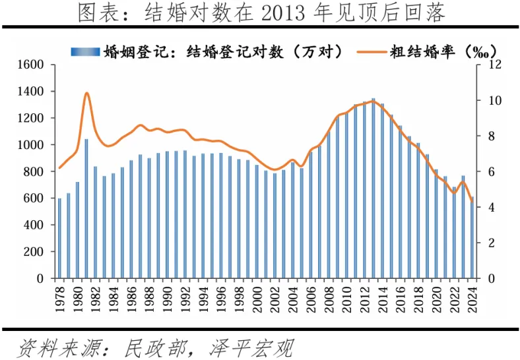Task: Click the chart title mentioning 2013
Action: coord(260,13)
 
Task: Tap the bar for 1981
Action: coord(86,208)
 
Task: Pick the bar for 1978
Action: coord(59,238)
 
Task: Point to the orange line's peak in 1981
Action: coord(86,93)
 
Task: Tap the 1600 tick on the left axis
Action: coord(30,65)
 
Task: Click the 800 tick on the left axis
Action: coord(33,171)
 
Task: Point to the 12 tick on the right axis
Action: coord(494,65)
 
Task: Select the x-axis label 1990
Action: coord(167,295)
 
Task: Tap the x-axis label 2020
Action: coord(436,295)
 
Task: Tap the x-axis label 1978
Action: coord(59,295)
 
